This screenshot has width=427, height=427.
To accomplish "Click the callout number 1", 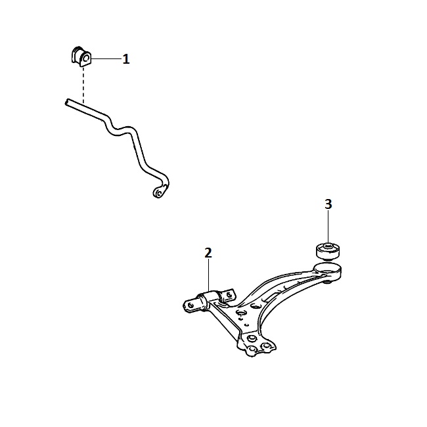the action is (x=126, y=59).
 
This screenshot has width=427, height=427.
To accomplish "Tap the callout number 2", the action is (x=208, y=254).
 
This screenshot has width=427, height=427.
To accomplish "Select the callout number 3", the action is (x=328, y=204).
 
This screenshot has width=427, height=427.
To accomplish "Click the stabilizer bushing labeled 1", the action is (x=81, y=56).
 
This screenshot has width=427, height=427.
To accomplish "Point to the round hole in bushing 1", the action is (x=85, y=58).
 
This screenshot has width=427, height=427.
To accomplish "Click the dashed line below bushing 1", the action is (x=83, y=85).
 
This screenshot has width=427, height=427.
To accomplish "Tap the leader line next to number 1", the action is (x=106, y=59).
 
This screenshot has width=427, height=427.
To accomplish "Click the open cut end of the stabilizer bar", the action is (x=67, y=102).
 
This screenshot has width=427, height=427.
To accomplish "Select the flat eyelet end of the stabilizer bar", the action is (x=160, y=191).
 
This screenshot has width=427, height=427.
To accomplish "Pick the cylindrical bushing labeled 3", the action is (x=328, y=250).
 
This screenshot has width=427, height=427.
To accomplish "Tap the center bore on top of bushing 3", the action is (x=328, y=245).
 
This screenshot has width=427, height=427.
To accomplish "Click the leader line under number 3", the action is (x=328, y=226).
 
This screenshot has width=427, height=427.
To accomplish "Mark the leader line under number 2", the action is (x=208, y=275).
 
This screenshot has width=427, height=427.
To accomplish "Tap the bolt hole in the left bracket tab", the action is (x=191, y=305).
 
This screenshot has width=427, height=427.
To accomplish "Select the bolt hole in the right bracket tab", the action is (x=229, y=294).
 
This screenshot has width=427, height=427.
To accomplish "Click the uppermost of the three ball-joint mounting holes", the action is (x=252, y=338).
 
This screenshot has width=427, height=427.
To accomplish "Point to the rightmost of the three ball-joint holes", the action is (x=265, y=346).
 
